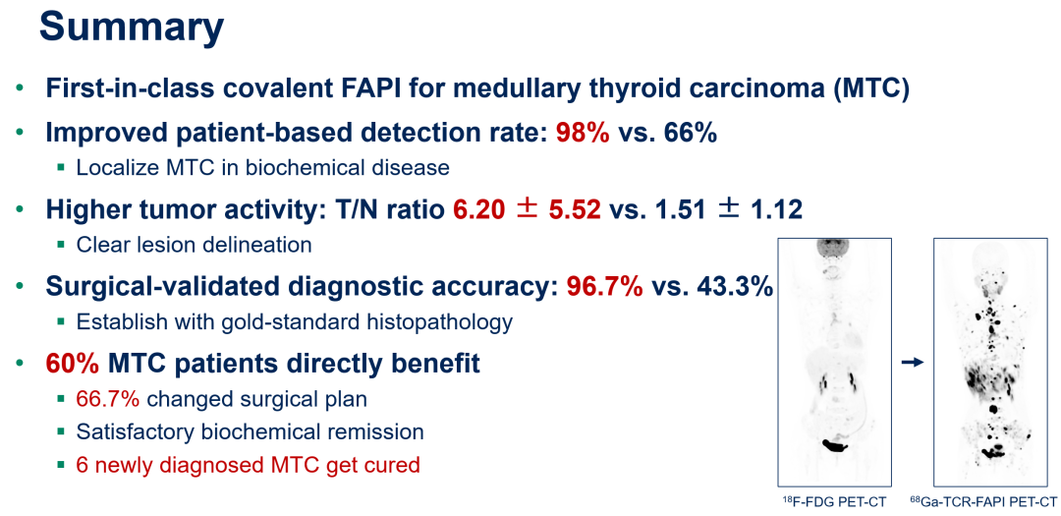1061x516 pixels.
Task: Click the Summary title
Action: pos(132,28)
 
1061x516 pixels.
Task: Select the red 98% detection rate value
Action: pos(583,134)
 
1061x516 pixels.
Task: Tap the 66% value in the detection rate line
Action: pos(689,134)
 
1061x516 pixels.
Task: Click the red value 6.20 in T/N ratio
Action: pos(479,210)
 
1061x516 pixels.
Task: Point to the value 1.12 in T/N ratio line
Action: pos(776,210)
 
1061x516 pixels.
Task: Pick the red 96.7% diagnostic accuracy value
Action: pos(605,287)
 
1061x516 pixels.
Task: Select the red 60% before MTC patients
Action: pos(73,365)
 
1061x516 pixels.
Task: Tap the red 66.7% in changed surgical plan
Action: pos(108,399)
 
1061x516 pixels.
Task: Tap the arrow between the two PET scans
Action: pos(913,363)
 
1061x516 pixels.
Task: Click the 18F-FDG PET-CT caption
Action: pos(834,501)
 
